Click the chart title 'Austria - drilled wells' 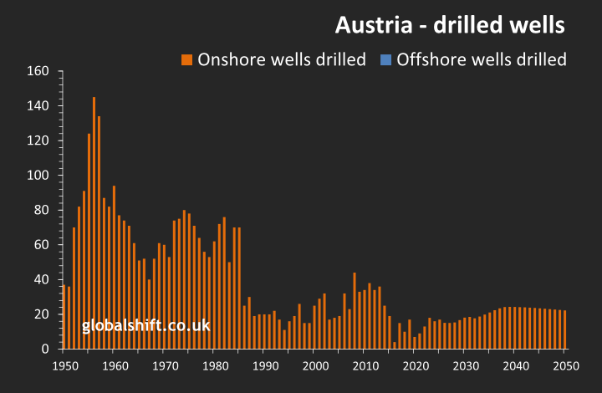[450, 25]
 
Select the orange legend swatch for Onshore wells [186, 59]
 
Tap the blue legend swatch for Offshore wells [385, 59]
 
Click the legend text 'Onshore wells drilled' [281, 59]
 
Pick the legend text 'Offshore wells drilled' [482, 59]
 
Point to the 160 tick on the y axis [39, 70]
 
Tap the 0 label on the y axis [45, 349]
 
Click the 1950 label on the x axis [64, 365]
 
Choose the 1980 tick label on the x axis [214, 365]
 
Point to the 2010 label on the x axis [365, 365]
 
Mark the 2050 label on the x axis [565, 365]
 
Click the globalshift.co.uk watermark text [145, 326]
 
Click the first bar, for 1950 [64, 317]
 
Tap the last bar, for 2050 [565, 329]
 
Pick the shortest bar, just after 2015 [395, 345]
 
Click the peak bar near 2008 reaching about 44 [355, 310]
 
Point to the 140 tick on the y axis [39, 105]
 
